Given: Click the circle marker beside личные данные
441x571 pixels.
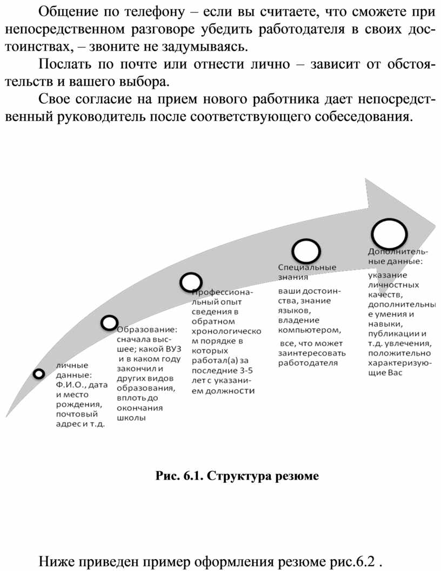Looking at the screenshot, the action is point(38,373).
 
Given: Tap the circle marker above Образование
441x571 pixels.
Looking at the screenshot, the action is point(109,323).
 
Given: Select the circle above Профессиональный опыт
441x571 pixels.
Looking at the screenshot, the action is point(191,282).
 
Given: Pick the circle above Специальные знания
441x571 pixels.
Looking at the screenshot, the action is point(306,251).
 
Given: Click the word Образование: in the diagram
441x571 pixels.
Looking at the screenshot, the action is point(147,330).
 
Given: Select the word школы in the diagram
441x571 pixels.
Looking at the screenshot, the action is point(131,418).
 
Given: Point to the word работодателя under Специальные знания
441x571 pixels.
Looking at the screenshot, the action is point(308,363).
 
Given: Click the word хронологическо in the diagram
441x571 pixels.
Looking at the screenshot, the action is point(226,331).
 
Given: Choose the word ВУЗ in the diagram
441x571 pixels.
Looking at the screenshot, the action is point(173,349).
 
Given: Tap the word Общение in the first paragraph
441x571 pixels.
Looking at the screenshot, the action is point(68,12).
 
